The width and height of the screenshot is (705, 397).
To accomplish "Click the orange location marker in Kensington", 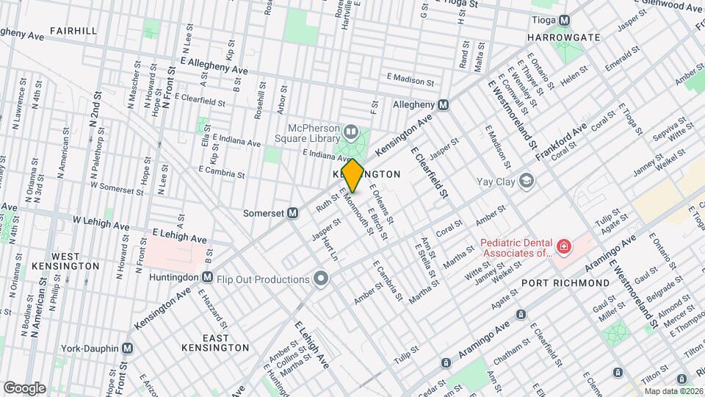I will click(x=352, y=175).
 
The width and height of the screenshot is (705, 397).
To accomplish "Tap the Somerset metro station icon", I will click(x=292, y=213).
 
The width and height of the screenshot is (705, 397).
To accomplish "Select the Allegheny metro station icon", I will click(x=444, y=105).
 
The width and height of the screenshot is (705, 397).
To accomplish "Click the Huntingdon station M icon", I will click(x=208, y=279).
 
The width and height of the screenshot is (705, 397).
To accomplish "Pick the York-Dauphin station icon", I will click(x=128, y=348).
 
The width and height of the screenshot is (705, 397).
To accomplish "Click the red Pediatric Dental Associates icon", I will click(x=563, y=247).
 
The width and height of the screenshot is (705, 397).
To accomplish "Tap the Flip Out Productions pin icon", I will click(x=320, y=279).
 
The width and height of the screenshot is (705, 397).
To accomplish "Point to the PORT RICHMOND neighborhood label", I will click(x=565, y=283).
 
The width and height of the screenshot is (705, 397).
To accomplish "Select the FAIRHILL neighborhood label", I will click(x=73, y=31).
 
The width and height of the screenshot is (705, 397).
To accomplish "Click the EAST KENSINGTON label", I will click(x=215, y=341).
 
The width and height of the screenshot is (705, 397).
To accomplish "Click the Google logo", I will click(x=24, y=387).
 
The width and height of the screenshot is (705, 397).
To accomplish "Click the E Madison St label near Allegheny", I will click(x=414, y=77).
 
